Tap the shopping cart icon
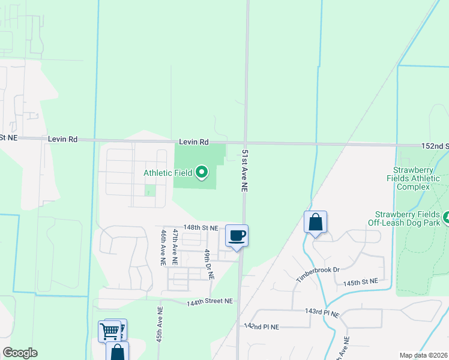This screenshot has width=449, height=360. click(x=109, y=331)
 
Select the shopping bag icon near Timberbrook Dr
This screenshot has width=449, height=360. click(x=315, y=222)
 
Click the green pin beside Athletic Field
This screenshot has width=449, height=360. click(x=202, y=173)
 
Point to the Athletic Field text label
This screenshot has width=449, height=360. click(x=167, y=173)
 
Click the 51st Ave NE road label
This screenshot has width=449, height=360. click(x=245, y=170)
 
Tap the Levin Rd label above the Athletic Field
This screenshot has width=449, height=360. click(x=193, y=142)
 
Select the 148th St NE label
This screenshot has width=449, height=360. click(x=200, y=228)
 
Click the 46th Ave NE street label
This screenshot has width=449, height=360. click(x=163, y=247)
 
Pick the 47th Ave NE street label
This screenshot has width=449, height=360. click(x=175, y=247)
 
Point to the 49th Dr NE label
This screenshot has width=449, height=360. click(x=208, y=265)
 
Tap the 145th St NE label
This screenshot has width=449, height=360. click(x=360, y=281)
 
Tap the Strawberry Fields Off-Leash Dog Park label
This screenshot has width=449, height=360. click(x=408, y=218)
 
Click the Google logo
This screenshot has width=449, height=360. click(x=20, y=353)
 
